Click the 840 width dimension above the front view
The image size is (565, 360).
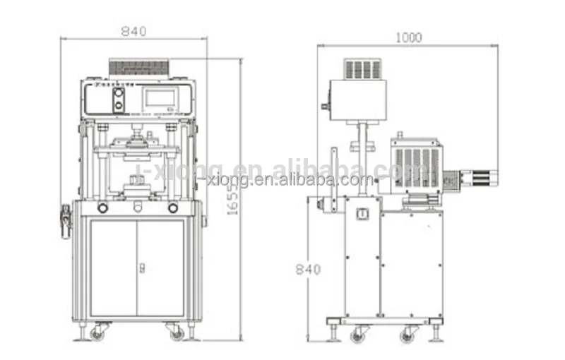133,31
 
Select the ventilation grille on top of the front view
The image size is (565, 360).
139,67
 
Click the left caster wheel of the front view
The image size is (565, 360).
97,332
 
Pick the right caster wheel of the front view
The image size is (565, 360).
176,332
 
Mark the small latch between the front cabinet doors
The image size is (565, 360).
141,268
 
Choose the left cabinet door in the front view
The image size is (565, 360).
113,268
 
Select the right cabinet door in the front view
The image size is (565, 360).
162,268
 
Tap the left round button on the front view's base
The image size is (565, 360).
103,208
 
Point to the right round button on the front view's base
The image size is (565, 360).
173,208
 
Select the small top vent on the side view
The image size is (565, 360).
362,68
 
